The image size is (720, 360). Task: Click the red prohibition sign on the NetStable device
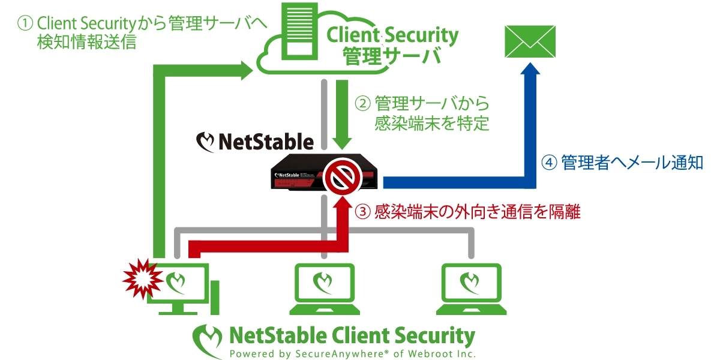coord(342,176)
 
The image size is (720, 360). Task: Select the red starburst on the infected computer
coord(142,277)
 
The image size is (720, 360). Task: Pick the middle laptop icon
coord(324,288)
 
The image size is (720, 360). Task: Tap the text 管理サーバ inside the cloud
coord(391,56)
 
